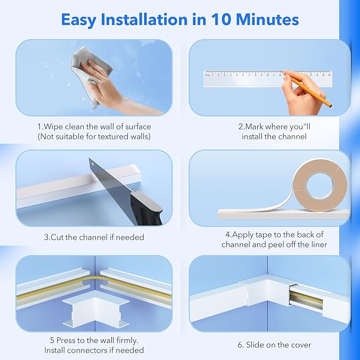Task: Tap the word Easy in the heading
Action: point(81,20)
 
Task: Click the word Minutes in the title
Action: point(269,20)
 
